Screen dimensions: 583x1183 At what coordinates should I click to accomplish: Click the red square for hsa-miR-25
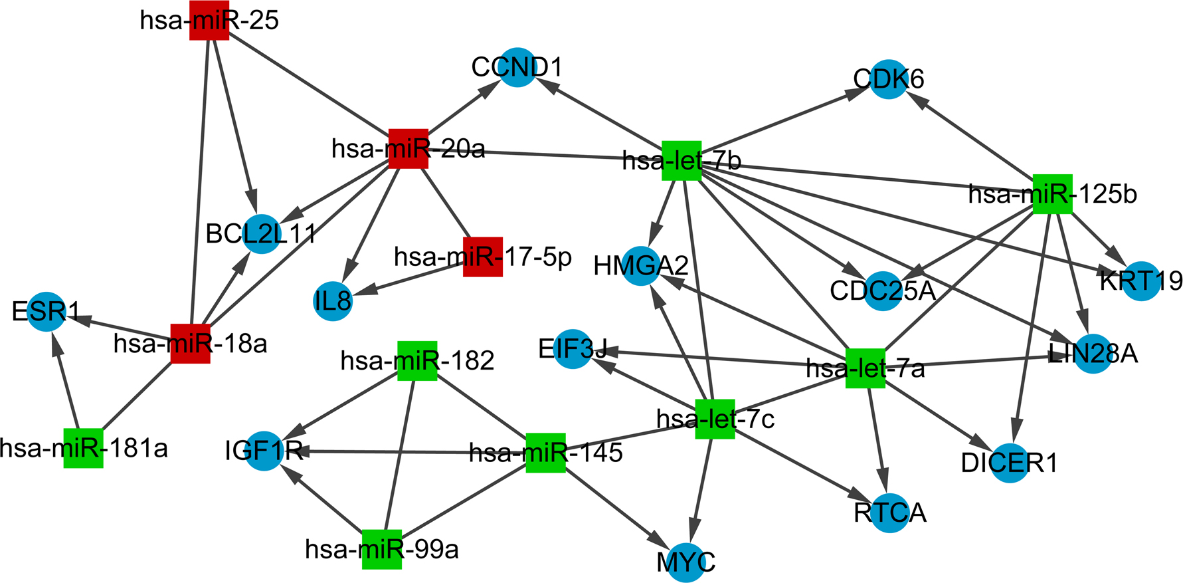click(x=209, y=20)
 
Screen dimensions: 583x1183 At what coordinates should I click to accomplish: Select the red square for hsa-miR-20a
click(x=408, y=148)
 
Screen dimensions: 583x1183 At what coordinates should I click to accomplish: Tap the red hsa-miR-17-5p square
click(x=483, y=257)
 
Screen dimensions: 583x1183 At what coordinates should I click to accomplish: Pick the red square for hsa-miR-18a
click(x=191, y=344)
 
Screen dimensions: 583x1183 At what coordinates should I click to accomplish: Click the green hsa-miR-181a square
click(x=84, y=448)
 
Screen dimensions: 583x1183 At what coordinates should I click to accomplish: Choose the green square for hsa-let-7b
click(x=682, y=161)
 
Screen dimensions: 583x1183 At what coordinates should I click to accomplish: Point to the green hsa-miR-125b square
click(x=1053, y=194)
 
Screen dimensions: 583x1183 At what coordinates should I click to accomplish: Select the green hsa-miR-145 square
click(x=545, y=453)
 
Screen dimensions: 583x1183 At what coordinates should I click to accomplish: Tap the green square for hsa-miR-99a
click(x=382, y=549)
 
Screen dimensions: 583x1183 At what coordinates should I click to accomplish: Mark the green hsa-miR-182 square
click(x=417, y=361)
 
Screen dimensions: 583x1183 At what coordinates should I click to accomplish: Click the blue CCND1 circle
click(x=517, y=67)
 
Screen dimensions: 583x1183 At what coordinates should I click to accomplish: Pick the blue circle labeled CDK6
click(x=889, y=80)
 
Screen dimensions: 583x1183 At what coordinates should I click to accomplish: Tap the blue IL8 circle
click(x=332, y=301)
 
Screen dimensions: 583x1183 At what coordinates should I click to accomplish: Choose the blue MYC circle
click(x=685, y=562)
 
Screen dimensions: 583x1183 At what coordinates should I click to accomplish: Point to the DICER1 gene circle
click(x=1010, y=463)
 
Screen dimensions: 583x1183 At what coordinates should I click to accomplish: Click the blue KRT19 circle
click(x=1141, y=281)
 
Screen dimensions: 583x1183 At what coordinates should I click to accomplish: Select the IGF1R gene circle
click(x=264, y=451)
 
